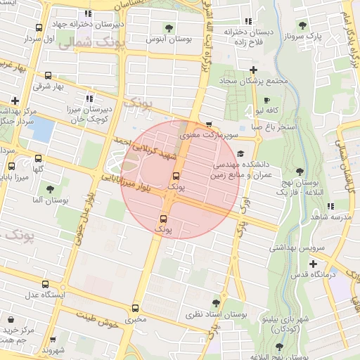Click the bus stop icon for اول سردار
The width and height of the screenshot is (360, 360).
tap(39, 29)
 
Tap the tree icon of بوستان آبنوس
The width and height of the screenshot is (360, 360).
tap(169, 28)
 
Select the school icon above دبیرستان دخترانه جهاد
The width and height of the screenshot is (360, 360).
tap(88, 13)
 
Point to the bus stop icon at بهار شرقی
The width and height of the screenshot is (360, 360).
tap(48, 76)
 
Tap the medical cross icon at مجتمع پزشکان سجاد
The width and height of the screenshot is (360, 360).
tap(252, 70)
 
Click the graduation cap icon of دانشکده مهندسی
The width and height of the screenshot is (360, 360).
tap(240, 154)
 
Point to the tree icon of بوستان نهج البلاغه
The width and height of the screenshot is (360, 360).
tap(300, 171)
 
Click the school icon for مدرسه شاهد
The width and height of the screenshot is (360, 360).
tap(330, 206)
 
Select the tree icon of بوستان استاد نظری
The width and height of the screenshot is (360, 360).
tap(216, 302)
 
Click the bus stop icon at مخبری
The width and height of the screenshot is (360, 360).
tap(136, 308)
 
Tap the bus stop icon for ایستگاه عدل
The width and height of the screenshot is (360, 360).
tap(46, 285)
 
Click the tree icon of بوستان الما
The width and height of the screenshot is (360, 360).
tap(50, 189)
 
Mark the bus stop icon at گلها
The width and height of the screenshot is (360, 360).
tap(38, 158)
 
